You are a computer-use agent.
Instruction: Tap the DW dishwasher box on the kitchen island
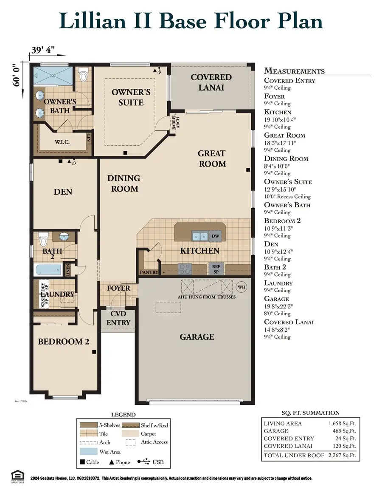point(215,236)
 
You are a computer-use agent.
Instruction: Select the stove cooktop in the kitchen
point(185,269)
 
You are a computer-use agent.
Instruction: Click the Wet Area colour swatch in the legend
point(87,452)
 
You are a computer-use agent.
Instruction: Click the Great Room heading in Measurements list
point(284,135)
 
